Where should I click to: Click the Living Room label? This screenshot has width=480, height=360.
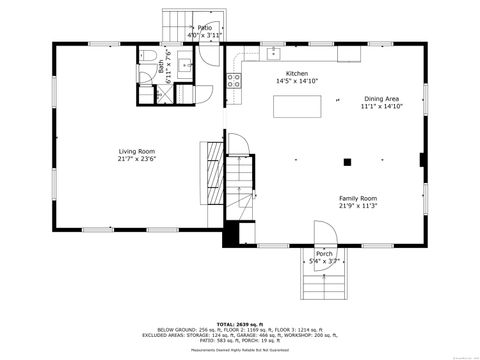click(138, 151)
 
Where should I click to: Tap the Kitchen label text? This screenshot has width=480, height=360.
click(297, 74)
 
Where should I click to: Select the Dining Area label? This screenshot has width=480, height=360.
click(382, 99)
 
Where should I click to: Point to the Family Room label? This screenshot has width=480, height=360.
click(357, 198)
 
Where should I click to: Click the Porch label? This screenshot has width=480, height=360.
click(324, 254)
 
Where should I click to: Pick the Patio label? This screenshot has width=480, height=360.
click(205, 28)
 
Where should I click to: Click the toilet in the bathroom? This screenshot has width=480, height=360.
click(146, 57)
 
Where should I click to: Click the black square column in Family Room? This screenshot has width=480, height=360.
click(348, 161)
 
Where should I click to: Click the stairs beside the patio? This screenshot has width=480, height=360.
click(178, 27)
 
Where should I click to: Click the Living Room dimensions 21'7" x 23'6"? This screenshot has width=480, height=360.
click(138, 159)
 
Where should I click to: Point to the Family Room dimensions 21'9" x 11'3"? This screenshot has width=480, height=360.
click(357, 206)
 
